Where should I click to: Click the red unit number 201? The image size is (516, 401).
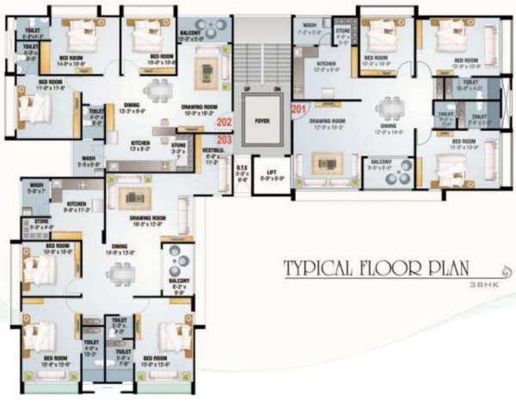(298, 108)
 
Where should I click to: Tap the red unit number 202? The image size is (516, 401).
(225, 122)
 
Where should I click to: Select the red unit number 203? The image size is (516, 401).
(225, 139)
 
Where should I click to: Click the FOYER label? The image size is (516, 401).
(263, 121)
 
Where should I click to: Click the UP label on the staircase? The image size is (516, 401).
(246, 89)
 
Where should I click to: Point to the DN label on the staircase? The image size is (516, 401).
(277, 89)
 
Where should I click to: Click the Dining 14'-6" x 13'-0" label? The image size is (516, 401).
(119, 250)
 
